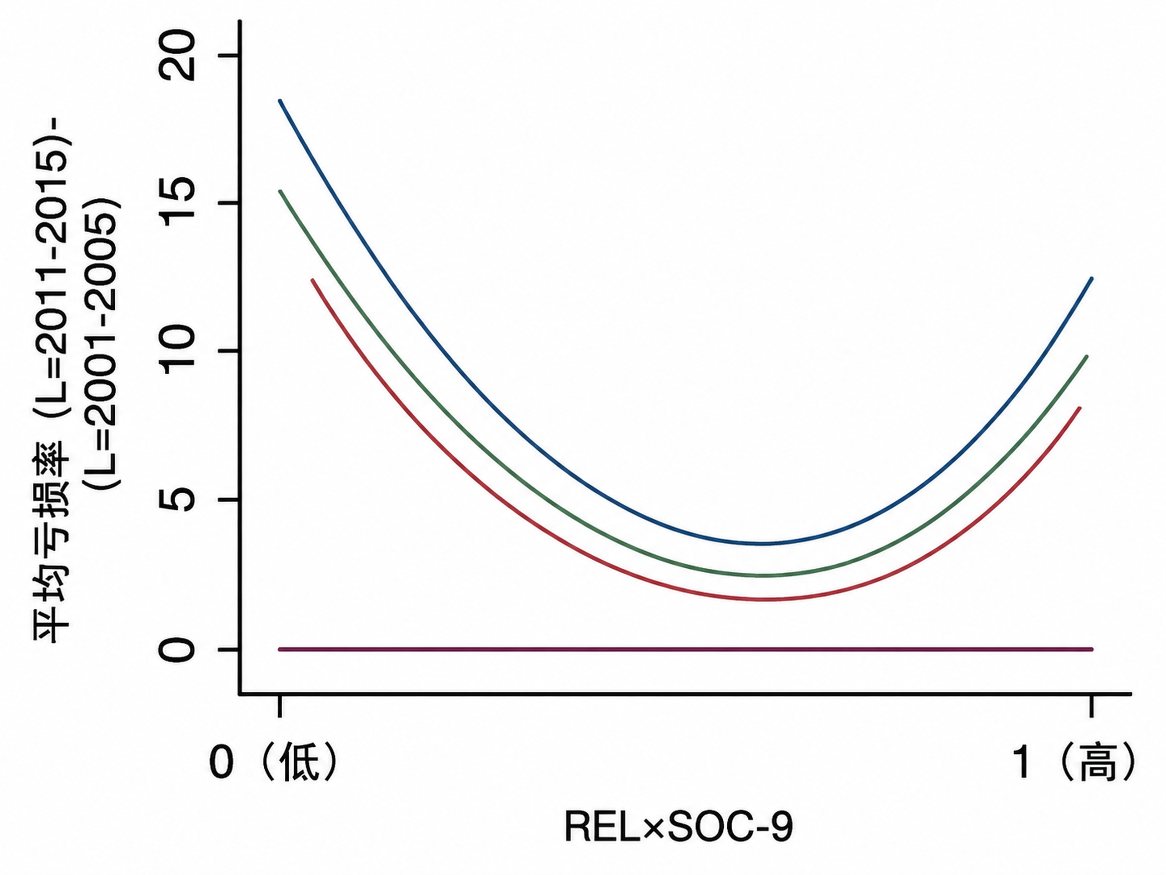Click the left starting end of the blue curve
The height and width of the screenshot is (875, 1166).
pos(280,100)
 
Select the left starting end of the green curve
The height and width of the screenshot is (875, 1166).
pos(280,191)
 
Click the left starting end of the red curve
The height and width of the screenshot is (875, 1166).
pos(313,280)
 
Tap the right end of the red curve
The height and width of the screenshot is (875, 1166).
pos(1080,408)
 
